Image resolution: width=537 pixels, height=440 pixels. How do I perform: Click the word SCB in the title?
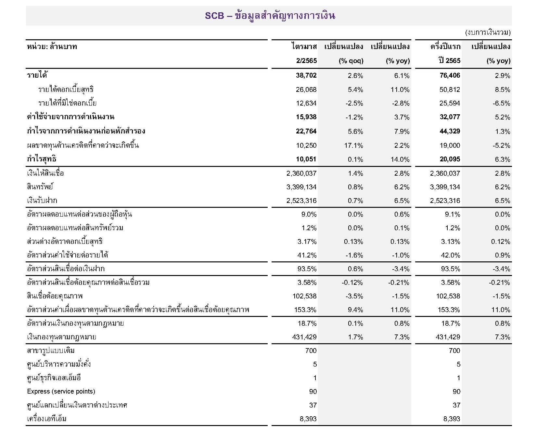[x=214, y=16]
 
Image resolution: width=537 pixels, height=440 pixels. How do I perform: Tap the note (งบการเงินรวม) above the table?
[x=488, y=32]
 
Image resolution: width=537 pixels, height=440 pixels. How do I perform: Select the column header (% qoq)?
[x=351, y=61]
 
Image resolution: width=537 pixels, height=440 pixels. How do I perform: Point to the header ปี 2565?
[x=449, y=61]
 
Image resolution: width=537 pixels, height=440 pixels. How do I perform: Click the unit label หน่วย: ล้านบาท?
[x=52, y=47]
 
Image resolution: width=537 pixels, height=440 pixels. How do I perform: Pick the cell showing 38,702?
[x=306, y=76]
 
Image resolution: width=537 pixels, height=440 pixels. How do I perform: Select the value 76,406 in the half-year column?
[x=450, y=76]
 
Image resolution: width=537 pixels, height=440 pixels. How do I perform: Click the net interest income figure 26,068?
[x=306, y=90]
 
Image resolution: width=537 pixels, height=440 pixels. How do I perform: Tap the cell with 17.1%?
[x=353, y=145]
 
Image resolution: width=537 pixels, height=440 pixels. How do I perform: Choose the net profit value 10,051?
[x=306, y=159]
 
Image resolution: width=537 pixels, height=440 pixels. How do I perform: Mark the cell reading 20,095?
[x=450, y=159]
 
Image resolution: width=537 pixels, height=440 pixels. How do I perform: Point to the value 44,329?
[x=450, y=132]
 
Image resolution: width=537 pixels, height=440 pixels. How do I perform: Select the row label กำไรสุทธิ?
[x=42, y=159]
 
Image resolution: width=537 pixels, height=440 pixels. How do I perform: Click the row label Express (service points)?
[x=61, y=391]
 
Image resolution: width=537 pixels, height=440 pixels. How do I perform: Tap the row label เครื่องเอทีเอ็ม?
[x=47, y=419]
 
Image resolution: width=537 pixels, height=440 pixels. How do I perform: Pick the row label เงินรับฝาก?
[x=42, y=200]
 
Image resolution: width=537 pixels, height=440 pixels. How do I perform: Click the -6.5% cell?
[x=502, y=104]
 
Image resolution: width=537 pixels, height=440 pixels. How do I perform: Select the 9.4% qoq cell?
[x=355, y=310]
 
